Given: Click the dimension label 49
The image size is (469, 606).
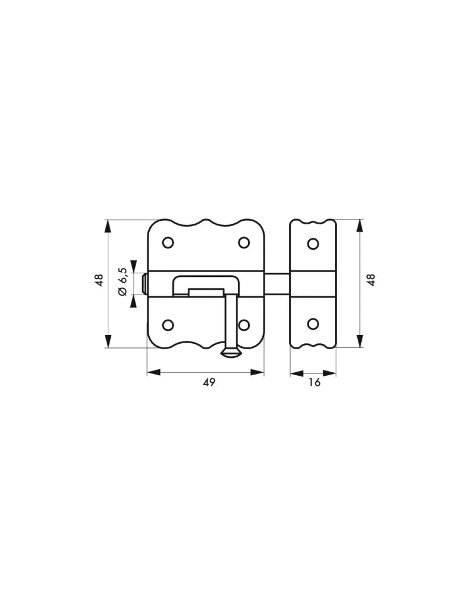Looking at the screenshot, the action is [209, 383].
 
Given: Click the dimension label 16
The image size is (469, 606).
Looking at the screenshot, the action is [314, 383].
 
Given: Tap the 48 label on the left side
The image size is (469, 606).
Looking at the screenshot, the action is [99, 280].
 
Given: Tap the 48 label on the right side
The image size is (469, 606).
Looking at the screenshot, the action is [371, 280].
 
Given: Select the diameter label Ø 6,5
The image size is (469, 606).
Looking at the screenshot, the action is [123, 281].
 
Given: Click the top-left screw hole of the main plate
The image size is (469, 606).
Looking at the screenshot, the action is [168, 243].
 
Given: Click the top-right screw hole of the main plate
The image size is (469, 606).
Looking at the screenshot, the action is [243, 243].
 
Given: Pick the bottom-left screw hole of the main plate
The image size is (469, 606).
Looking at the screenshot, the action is [168, 325].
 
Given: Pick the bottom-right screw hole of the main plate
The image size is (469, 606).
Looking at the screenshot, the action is [243, 325].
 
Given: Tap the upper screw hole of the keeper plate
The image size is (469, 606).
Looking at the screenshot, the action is [313, 243].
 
